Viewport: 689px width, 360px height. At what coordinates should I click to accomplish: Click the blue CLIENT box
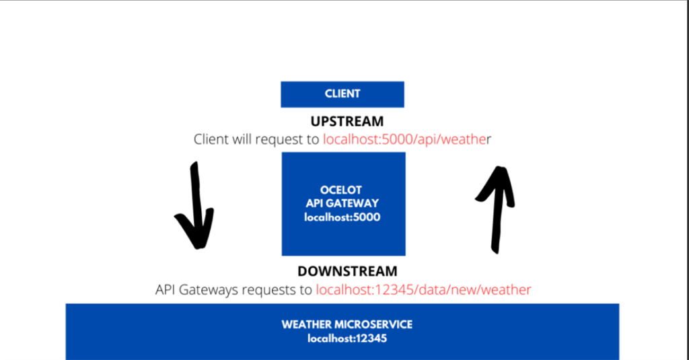[342, 94]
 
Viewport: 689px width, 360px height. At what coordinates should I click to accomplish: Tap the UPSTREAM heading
[347, 121]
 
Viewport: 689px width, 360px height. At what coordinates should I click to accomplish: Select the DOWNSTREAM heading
[347, 271]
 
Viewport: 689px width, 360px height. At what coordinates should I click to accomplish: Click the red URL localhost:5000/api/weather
[407, 139]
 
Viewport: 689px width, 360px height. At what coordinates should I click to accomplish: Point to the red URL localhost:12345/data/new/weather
[424, 289]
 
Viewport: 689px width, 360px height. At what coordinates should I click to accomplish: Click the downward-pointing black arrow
[195, 206]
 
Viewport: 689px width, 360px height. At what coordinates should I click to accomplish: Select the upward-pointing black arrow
[496, 210]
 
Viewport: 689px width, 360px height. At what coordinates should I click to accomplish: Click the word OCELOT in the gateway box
[341, 190]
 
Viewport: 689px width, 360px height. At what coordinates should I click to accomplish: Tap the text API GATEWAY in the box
[342, 203]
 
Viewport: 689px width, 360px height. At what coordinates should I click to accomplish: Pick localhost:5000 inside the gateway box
[342, 217]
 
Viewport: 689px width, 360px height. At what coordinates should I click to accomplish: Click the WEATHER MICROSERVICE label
[347, 324]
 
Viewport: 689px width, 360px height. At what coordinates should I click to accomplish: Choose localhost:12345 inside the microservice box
[347, 338]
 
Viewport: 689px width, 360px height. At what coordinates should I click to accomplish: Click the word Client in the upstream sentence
[211, 139]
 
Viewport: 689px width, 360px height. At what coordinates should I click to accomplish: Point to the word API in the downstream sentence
[166, 289]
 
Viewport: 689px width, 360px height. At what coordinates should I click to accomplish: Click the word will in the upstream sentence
[242, 139]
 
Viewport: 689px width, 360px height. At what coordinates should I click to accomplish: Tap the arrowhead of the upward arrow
[496, 184]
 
